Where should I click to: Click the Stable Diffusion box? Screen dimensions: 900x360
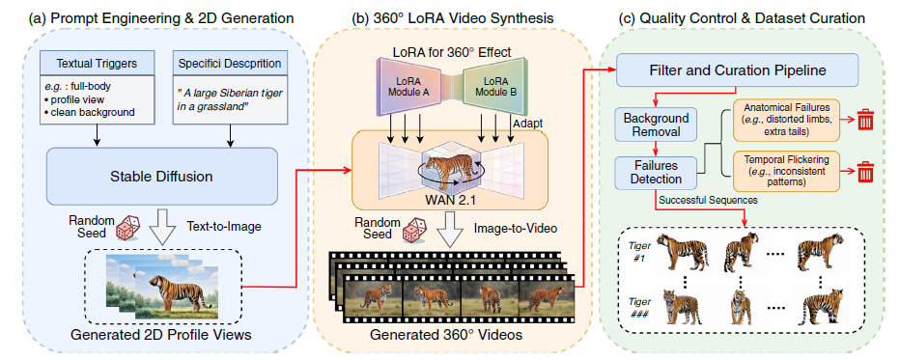(162, 177)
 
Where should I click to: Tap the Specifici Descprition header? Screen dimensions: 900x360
(231, 62)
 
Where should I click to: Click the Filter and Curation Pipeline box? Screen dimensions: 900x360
(738, 71)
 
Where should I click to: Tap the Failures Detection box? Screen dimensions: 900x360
(657, 172)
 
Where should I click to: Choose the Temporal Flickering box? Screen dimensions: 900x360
(786, 171)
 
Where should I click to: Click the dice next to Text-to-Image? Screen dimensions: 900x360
(129, 228)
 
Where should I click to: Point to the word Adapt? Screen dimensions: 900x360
(524, 124)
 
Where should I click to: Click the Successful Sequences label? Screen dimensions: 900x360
(708, 201)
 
